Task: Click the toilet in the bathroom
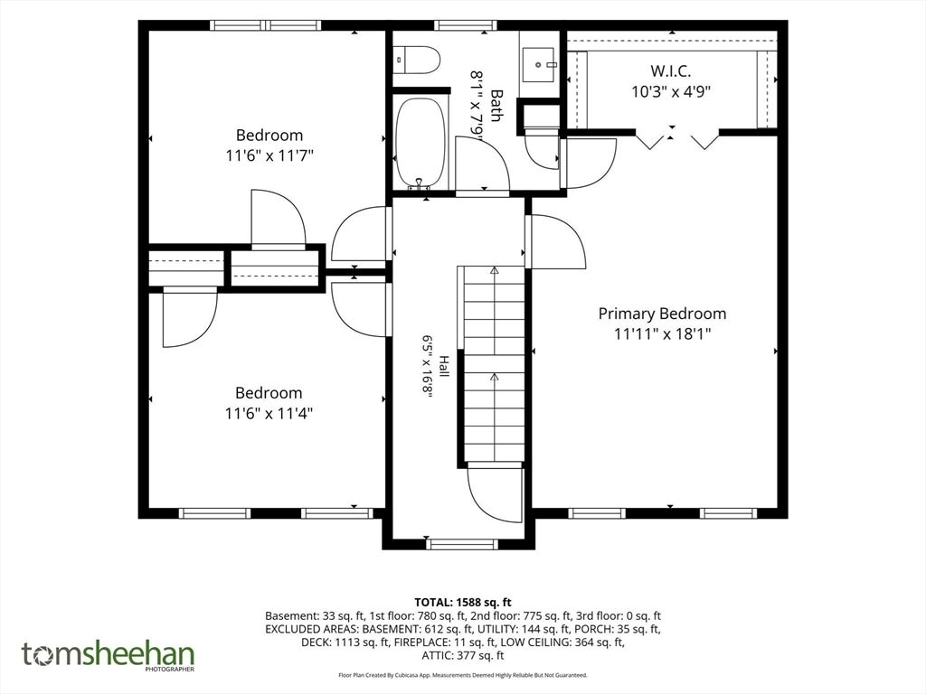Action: point(416,61)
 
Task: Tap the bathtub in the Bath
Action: point(420,143)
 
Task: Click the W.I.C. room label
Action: point(671,70)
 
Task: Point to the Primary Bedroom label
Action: point(662,314)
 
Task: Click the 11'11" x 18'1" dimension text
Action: point(662,334)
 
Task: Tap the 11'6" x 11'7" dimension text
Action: point(269,155)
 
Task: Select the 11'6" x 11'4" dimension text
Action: point(269,413)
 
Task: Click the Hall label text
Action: point(444,367)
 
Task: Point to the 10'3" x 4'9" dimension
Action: point(671,91)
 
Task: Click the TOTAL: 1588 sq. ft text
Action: point(463,603)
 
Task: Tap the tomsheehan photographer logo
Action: point(109,656)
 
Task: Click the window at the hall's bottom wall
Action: point(462,544)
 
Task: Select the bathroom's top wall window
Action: point(466,25)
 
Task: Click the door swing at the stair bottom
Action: point(495,494)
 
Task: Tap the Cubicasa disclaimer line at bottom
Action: point(463,675)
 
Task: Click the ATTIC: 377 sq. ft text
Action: point(463,656)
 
